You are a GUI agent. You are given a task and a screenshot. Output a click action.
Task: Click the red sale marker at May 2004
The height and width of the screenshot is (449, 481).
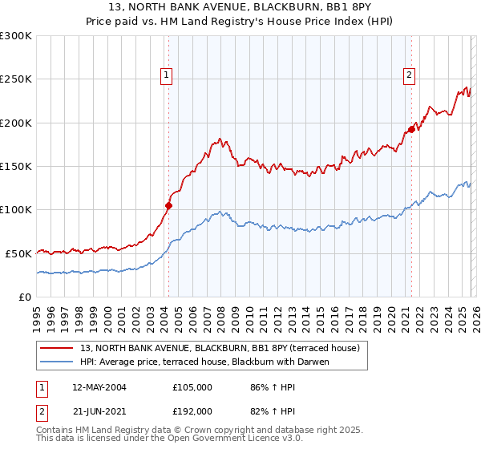tap(168, 205)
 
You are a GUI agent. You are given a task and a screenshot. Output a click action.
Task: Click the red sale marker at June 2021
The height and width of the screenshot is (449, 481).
tap(411, 129)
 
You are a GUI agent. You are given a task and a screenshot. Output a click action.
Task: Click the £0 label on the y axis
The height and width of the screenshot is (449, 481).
tap(25, 297)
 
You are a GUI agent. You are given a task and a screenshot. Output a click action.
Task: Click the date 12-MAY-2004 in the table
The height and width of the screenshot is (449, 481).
tap(99, 387)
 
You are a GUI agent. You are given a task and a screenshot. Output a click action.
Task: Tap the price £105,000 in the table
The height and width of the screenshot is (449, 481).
tap(192, 387)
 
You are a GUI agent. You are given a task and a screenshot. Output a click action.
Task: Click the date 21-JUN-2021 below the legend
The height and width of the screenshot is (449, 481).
tap(99, 411)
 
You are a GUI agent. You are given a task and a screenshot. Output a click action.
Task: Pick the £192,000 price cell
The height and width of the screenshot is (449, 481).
tap(192, 411)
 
